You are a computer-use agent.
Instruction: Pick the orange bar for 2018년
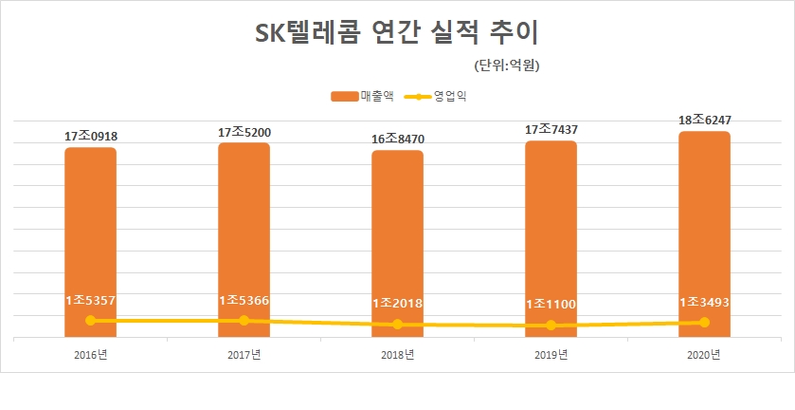pos(397,237)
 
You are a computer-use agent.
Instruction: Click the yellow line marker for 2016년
pos(90,321)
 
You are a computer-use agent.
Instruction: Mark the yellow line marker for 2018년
pos(397,325)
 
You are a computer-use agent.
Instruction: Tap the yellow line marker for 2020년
pos(704,323)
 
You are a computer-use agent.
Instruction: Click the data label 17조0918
pos(90,136)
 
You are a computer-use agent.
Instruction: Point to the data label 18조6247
pos(704,120)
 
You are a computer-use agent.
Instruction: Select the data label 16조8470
pos(397,140)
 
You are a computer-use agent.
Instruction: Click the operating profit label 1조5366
pos(244,300)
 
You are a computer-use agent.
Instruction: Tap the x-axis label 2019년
pos(551,355)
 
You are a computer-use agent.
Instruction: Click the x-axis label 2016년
pos(90,355)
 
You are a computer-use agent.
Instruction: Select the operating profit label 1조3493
pos(704,302)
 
